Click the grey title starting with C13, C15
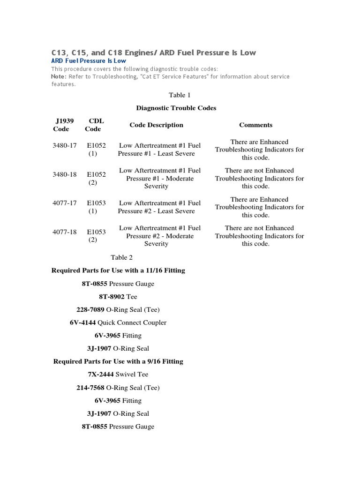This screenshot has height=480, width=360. (153, 52)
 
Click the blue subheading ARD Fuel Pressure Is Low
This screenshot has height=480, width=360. (89, 61)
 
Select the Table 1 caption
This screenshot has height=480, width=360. (177, 95)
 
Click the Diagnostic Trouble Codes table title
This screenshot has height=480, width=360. (176, 108)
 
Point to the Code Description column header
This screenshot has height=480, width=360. (156, 125)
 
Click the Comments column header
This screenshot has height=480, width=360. (255, 125)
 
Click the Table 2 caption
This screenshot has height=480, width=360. (122, 257)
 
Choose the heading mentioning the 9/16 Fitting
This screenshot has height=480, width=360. (118, 361)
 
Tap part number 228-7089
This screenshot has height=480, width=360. (90, 310)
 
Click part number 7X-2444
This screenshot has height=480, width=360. (101, 375)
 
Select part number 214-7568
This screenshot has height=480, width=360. (90, 388)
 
